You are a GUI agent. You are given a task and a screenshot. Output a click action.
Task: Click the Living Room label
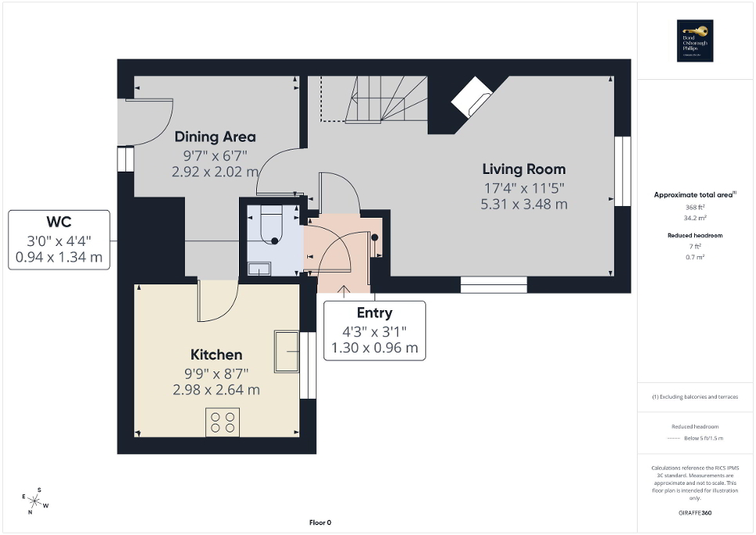point(523,169)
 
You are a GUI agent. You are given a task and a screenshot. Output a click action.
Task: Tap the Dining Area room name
point(215,136)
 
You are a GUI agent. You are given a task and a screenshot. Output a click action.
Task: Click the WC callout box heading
point(58,220)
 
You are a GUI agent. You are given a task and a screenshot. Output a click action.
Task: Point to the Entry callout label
point(374,313)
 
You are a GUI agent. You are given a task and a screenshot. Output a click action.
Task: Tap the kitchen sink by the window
point(286,351)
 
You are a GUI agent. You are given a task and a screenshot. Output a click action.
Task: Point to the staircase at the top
point(376,99)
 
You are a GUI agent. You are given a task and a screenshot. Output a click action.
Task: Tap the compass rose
point(35,499)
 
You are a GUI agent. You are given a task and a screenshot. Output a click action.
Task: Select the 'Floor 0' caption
point(320,522)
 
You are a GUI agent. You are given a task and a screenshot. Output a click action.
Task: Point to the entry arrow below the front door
point(343,292)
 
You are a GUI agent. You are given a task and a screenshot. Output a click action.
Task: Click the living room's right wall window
point(623,171)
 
